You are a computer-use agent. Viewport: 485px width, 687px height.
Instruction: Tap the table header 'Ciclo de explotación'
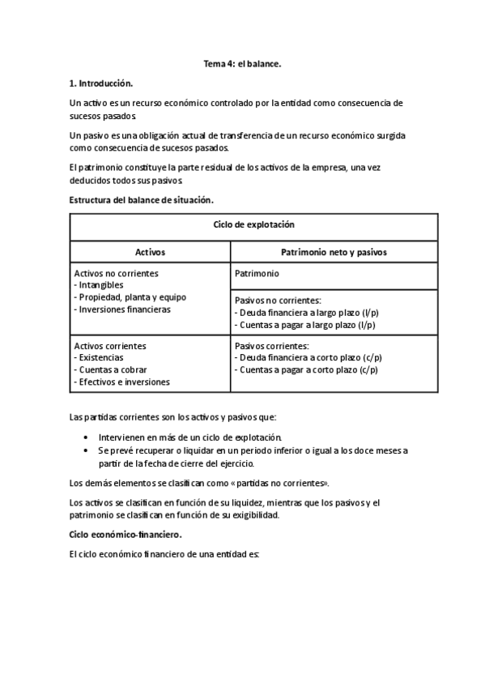point(253,224)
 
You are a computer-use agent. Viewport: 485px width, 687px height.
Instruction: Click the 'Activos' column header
point(150,252)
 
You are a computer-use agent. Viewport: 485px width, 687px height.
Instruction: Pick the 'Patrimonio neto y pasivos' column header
point(334,252)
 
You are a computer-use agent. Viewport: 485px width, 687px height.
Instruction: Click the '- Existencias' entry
point(100,357)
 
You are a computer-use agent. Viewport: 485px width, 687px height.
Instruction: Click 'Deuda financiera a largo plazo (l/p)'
point(308,312)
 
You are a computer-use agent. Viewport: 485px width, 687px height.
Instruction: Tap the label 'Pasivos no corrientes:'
point(278,300)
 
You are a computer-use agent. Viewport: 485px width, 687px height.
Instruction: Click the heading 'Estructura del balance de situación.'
point(142,199)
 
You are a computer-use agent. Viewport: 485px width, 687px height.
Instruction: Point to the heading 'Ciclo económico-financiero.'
point(126,535)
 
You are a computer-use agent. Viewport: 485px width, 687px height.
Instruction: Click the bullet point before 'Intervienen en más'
point(87,437)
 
